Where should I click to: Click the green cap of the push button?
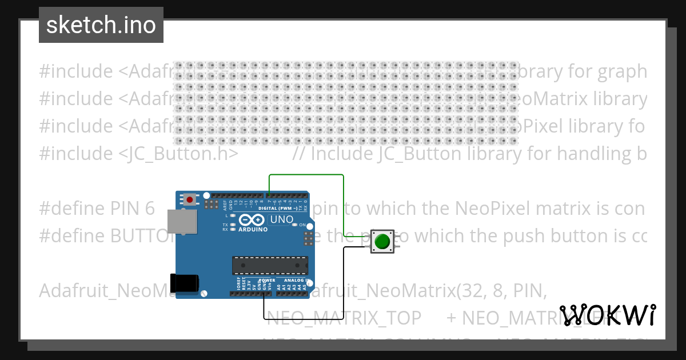[382, 242]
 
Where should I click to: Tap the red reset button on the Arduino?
[189, 199]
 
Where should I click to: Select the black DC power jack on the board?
[185, 284]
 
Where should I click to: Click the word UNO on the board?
[282, 219]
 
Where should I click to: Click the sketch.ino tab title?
[101, 25]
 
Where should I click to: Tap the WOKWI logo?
[608, 315]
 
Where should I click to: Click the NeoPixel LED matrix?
[346, 103]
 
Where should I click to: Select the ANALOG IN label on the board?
[294, 281]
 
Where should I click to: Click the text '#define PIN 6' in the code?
[97, 209]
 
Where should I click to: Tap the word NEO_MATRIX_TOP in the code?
[344, 318]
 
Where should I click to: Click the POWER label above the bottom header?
[268, 281]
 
